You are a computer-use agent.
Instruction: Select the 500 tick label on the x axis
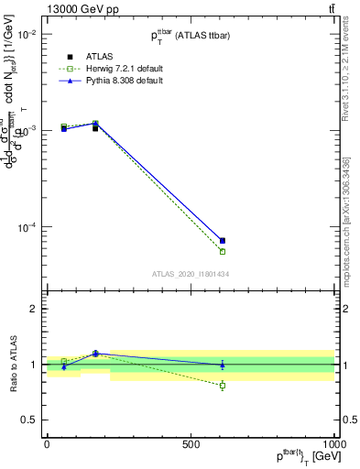coord(191,444)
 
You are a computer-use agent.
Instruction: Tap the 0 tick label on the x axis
coord(47,444)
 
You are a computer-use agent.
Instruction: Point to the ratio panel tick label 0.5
coord(27,420)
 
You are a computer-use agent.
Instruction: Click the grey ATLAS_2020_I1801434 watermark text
coord(191,274)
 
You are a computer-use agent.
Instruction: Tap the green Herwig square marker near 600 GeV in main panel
coord(223,251)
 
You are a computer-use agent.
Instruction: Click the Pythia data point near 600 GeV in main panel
coord(223,240)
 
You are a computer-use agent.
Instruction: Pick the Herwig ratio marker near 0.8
coord(223,386)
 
